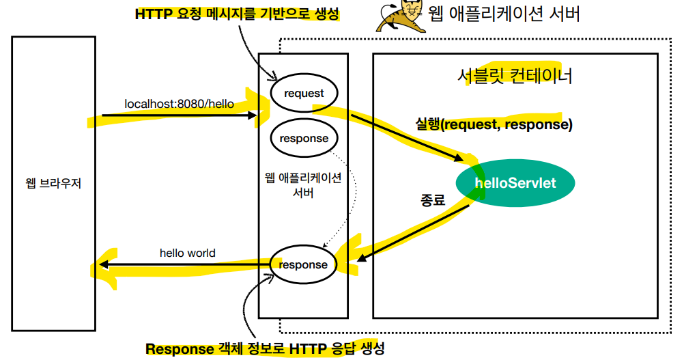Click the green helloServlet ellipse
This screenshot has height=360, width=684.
[516, 183]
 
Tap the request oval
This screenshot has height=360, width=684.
[304, 93]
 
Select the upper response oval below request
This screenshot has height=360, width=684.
[304, 138]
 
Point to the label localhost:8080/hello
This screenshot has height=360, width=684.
[179, 104]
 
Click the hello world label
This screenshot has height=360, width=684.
[187, 253]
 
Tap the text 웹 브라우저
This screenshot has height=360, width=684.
[53, 184]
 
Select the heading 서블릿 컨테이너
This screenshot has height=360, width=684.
[515, 75]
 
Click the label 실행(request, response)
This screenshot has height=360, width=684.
[494, 124]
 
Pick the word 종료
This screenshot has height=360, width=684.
[432, 200]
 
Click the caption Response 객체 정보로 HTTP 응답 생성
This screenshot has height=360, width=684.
[265, 349]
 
